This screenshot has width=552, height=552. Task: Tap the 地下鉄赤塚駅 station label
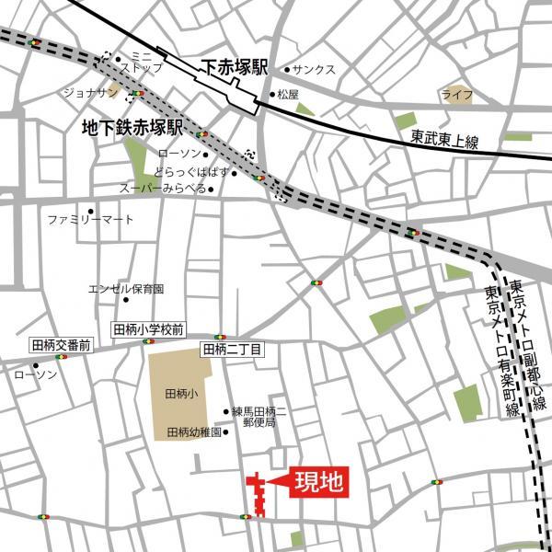132,126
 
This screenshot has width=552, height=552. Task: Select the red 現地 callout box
320,482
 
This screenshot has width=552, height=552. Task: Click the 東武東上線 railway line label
445,139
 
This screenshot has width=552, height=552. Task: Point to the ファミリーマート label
90,220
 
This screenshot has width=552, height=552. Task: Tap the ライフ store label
456,95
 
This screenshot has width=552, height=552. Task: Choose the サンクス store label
315,70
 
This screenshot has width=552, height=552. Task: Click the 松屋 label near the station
288,94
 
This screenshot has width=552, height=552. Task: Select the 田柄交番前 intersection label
61,345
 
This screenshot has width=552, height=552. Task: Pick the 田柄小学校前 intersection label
148,329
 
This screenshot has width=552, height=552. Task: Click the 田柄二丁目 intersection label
233,349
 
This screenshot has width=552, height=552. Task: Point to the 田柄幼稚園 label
193,432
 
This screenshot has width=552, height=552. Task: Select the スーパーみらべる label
164,189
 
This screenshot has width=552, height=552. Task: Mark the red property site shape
258,494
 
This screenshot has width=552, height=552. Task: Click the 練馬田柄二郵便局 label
259,418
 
